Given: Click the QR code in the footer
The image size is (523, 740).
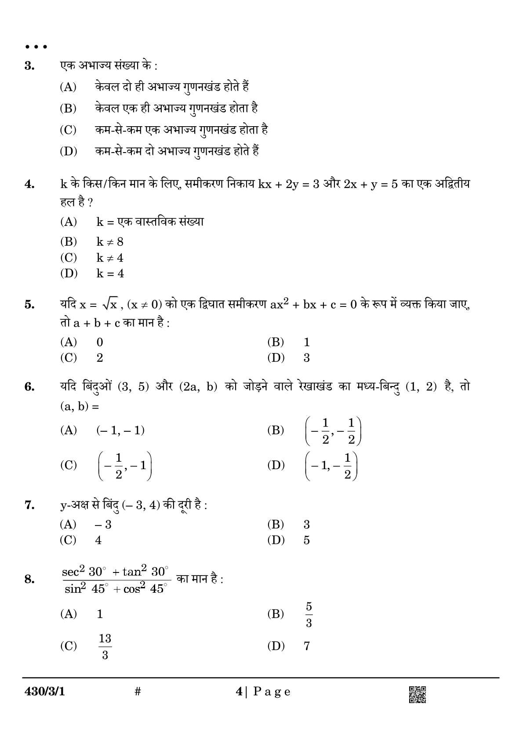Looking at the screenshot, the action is pos(417,695).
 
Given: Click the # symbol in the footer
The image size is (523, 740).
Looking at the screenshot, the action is pos(138,692).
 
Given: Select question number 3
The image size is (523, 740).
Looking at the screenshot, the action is pos(29,66).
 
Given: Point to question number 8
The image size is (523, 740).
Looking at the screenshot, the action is pos(29,579).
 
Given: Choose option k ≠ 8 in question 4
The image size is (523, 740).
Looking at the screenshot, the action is pos(110,242).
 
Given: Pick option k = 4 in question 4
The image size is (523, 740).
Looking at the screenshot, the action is pos(110,273).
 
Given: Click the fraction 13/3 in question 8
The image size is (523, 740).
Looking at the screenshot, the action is pos(105,646).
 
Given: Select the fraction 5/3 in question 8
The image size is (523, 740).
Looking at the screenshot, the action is pos(309,615).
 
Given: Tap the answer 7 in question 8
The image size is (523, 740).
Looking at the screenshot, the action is pos(307,646).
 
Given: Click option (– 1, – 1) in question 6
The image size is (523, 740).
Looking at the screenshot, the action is pos(120,430).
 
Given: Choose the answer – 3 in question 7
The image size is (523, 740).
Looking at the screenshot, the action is pos(103,525).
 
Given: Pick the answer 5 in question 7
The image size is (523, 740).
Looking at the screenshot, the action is pos(307,540).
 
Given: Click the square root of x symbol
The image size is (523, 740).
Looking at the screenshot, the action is pos(109,304).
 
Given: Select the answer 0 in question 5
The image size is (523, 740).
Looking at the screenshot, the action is pos(100,342).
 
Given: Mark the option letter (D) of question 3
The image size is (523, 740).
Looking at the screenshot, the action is pos(68,152).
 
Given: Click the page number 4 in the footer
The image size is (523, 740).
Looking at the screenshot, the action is pos(239,692).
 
